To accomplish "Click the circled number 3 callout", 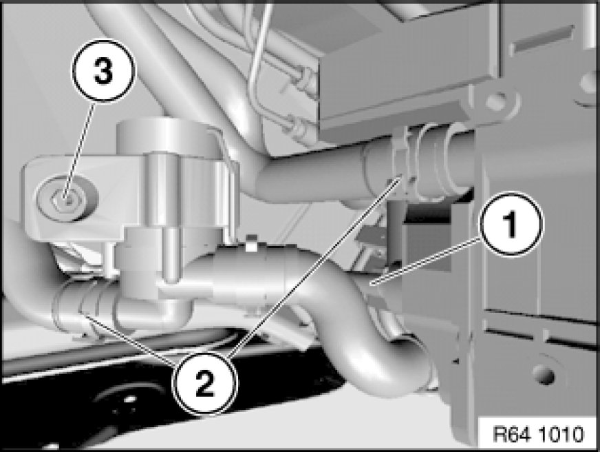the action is (103, 71).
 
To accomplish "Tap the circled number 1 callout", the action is (511, 224).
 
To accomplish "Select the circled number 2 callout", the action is (205, 383).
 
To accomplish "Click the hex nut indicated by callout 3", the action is (67, 199).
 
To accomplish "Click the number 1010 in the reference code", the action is (561, 434).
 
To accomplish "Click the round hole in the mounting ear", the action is (495, 101).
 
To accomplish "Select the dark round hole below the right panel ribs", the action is (543, 373).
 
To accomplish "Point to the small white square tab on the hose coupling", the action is (251, 244).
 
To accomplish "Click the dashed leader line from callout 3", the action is (80, 150).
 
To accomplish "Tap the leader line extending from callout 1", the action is (427, 261).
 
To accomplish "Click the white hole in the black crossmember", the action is (129, 399).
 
